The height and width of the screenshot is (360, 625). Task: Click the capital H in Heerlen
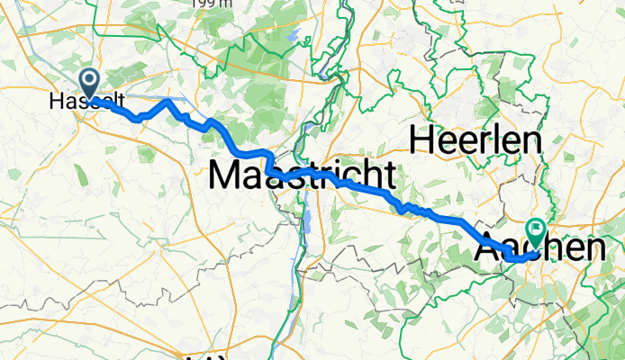(424, 139)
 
